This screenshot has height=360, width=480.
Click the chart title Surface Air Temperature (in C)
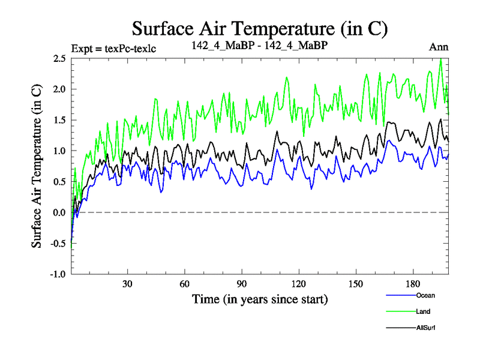259,29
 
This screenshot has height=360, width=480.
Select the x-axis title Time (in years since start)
259,298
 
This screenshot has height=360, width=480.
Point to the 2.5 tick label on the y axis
59,58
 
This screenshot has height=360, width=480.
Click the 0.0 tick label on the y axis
59,212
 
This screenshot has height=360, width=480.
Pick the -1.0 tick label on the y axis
58,274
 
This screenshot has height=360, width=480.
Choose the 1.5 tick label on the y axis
59,120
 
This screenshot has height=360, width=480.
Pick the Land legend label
423,311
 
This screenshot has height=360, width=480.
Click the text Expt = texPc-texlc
113,48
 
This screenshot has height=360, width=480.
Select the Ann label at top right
439,47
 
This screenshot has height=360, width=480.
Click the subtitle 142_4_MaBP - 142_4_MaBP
259,46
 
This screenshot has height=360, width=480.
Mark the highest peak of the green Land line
441,59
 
